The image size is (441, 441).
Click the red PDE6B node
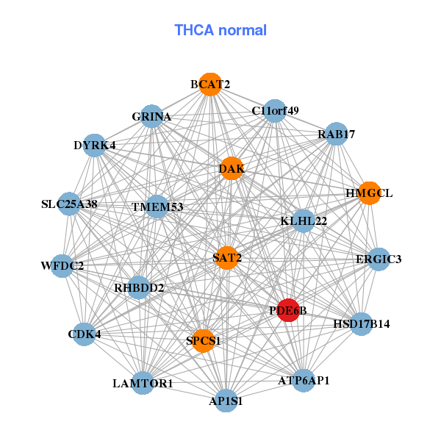point(288,310)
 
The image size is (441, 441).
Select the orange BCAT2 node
point(210,85)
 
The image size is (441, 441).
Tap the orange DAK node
point(232,168)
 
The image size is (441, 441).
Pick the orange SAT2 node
point(226,258)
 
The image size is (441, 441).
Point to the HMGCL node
point(370,193)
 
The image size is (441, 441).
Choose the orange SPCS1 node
point(203,341)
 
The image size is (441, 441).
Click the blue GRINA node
point(151,116)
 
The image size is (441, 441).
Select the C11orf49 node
point(275,111)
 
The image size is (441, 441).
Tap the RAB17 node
point(337,134)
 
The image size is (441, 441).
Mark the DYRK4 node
point(95,146)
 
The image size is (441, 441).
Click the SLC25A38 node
point(69,204)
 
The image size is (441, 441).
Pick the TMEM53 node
point(157,207)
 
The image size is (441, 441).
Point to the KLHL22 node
point(304,220)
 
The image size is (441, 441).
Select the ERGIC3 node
point(379,259)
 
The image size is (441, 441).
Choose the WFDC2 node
point(62,266)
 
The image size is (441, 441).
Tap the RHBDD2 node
point(139,287)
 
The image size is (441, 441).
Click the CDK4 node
point(84,334)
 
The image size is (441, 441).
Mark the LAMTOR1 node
point(143,383)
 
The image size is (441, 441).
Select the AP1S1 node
point(226,401)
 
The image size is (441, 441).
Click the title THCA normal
point(220,30)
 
